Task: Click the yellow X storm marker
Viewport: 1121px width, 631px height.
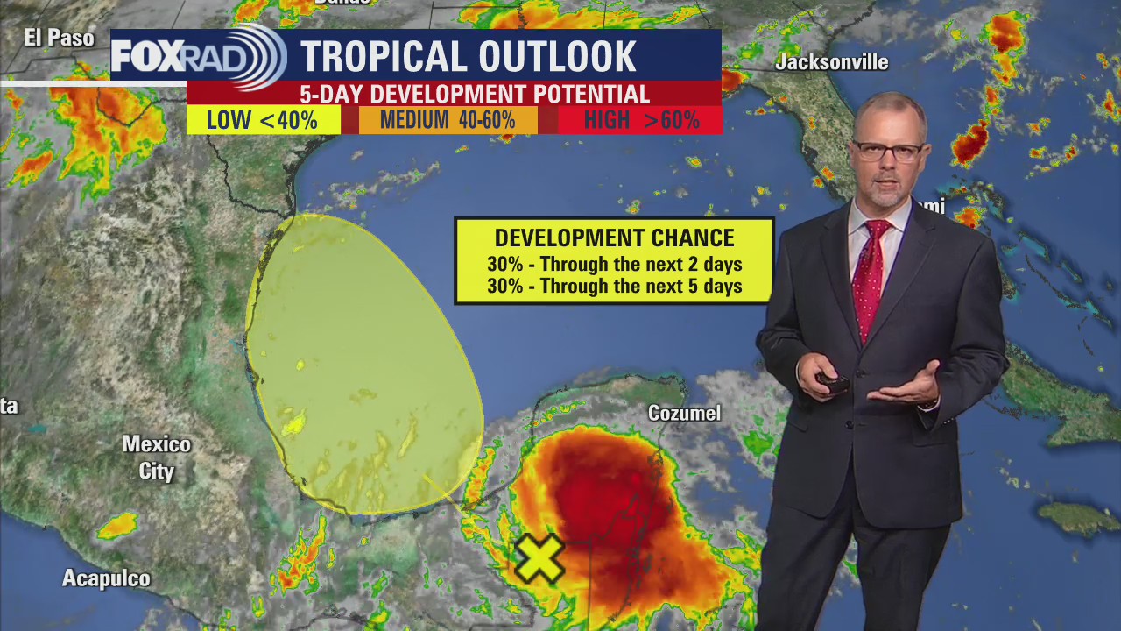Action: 539,559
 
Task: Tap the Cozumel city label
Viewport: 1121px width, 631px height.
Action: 684,413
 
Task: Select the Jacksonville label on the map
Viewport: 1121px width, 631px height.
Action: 831,62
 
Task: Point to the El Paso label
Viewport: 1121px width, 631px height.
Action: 59,38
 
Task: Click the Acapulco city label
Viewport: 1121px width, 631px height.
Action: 106,578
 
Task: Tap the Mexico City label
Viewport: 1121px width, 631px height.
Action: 156,457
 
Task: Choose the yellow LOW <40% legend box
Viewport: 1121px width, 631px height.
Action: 263,120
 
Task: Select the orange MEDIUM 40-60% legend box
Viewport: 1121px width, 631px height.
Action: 448,120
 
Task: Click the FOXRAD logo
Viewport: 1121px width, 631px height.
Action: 198,57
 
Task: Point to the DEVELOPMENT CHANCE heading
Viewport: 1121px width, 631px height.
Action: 614,238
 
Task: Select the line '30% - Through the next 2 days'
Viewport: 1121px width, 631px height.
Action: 614,264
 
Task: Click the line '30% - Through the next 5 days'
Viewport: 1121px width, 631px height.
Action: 614,286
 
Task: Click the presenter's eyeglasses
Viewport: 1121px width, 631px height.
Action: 887,151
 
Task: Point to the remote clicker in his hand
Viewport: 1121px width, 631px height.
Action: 832,382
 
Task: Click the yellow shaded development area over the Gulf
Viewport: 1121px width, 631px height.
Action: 363,359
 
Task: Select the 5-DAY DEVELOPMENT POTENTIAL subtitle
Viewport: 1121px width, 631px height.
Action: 475,94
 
